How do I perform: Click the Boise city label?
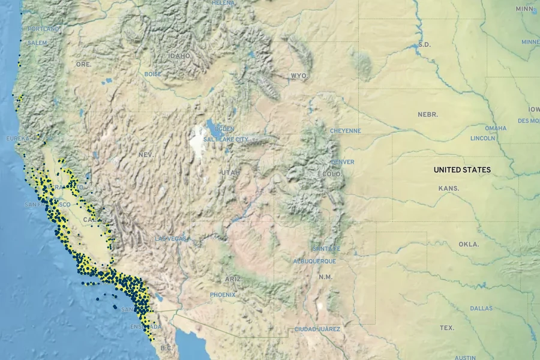tap(153, 74)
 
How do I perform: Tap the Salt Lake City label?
tap(226, 139)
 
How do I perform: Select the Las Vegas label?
tap(170, 239)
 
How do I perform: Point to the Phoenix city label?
tap(223, 295)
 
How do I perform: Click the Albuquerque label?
tap(314, 262)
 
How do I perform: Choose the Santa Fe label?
tap(326, 248)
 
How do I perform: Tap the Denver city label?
tap(343, 162)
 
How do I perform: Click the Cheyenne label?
tap(346, 130)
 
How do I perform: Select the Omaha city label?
tap(496, 128)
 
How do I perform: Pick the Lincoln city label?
tap(483, 138)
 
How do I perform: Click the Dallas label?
tap(481, 308)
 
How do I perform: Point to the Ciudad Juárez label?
tap(317, 329)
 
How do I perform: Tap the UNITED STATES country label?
tap(462, 170)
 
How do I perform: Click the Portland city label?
tap(44, 29)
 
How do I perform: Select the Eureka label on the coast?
tap(17, 139)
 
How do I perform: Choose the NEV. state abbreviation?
tap(146, 155)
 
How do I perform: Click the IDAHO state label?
tap(179, 56)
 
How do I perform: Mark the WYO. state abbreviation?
tap(299, 76)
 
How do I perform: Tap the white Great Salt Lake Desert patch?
tap(196, 142)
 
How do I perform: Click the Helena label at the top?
tap(223, 3)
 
